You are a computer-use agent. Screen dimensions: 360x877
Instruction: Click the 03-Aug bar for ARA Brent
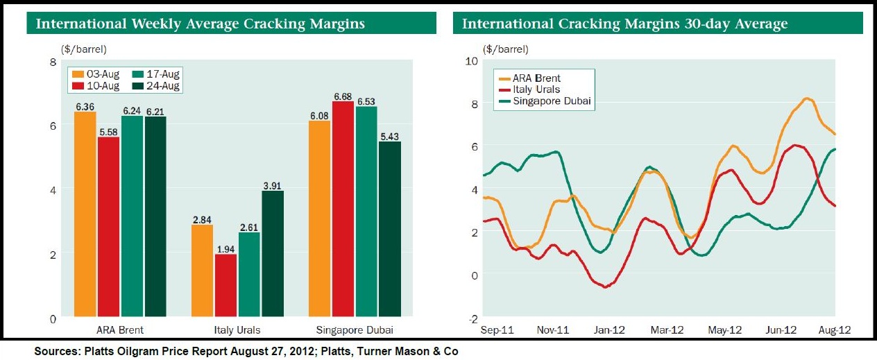(85, 214)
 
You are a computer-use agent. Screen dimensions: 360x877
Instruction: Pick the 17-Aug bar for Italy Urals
(249, 275)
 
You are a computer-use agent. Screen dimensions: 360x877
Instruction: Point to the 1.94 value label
(225, 248)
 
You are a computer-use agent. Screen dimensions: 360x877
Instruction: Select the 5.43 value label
(390, 136)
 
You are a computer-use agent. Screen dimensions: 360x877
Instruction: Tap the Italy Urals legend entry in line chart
(536, 89)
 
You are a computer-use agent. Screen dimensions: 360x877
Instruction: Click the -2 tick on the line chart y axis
(473, 318)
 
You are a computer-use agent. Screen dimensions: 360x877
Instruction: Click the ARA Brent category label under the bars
(119, 329)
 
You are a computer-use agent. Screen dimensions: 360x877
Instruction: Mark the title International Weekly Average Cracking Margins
(201, 24)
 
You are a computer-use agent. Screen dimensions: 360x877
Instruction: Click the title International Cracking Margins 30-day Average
(624, 24)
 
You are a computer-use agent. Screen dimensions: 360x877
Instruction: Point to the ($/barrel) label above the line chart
(506, 49)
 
